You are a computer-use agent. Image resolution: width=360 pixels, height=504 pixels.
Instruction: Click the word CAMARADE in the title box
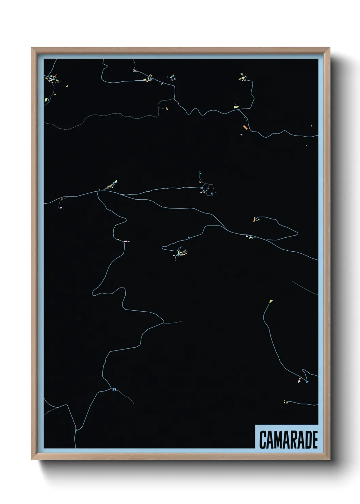point(288,440)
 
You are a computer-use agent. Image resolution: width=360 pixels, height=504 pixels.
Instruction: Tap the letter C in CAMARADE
point(263,440)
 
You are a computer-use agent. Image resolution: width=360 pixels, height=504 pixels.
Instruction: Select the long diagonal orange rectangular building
point(245,127)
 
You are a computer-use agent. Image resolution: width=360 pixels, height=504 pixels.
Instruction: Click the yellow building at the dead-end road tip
point(271,301)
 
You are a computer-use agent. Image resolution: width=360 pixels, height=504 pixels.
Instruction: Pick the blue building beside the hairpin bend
point(307,382)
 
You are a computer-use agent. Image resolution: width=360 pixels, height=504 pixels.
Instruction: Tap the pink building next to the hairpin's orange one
point(299,381)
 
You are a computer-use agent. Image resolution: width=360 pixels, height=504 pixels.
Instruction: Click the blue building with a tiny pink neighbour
point(114,389)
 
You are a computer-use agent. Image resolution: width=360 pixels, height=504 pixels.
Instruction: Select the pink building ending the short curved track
point(61,207)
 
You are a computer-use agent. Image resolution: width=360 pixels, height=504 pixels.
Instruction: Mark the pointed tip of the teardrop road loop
point(298,233)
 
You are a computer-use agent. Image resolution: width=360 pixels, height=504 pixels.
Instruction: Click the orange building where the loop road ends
point(254,220)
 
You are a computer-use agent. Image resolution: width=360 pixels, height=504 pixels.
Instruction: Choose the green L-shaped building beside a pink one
point(251,237)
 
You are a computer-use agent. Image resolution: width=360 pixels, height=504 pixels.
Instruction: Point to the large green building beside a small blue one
point(46,99)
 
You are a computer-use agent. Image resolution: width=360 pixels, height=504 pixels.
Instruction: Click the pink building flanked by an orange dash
point(125,241)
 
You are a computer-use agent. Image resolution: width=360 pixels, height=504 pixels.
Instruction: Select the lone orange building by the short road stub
point(167,109)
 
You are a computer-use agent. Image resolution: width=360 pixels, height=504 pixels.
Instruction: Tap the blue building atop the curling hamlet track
point(200,173)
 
